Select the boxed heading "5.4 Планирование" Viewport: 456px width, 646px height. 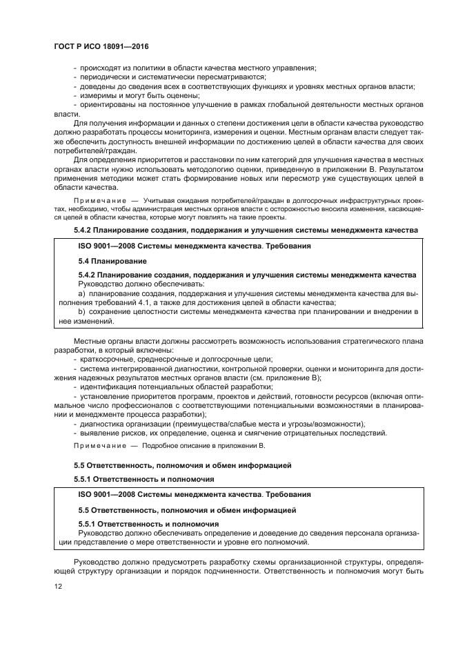coord(109,262)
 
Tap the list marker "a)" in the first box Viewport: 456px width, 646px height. coord(81,294)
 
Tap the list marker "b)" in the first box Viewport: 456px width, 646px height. coord(81,312)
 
